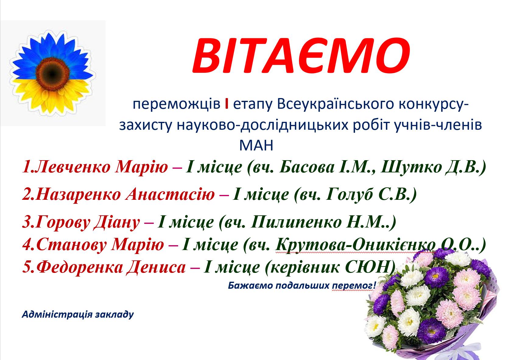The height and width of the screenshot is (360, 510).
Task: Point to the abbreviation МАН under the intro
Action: tap(256, 146)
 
